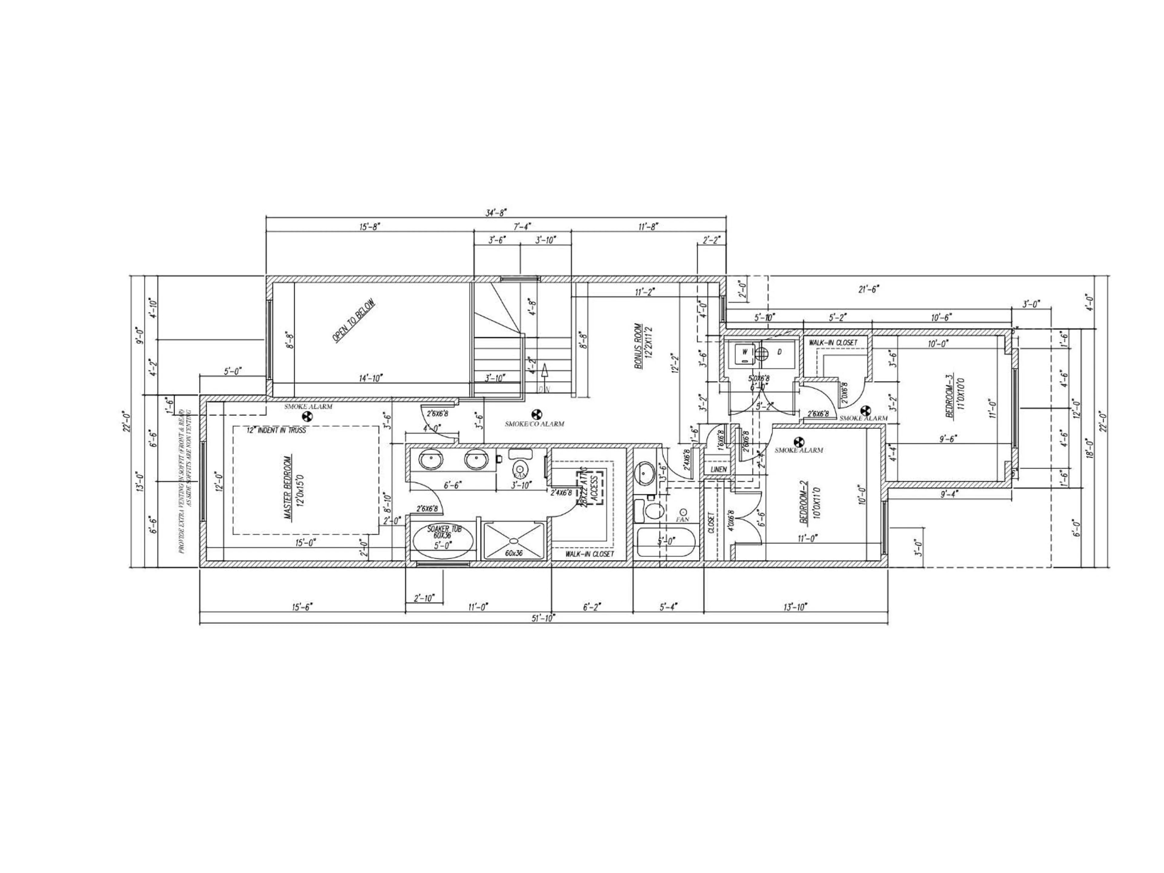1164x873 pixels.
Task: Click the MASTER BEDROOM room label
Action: tap(288, 487)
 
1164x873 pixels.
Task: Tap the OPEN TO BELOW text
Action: tap(354, 321)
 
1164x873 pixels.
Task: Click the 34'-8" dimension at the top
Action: tap(496, 212)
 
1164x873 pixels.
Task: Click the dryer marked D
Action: tap(779, 351)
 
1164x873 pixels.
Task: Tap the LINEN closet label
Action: tap(718, 469)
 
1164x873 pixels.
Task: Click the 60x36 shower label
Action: tap(513, 554)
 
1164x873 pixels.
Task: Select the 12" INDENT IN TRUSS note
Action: tap(276, 430)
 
